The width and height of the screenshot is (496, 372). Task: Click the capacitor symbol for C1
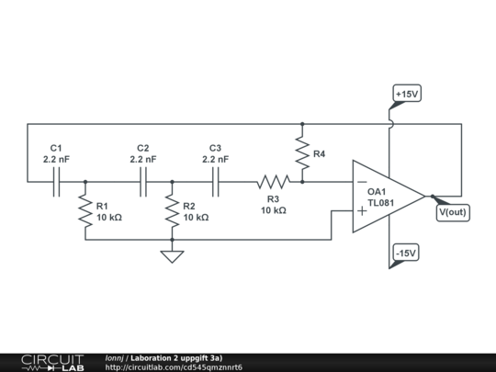[56, 182]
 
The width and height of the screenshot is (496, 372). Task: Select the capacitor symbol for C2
[143, 182]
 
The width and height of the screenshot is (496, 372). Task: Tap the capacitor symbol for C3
[217, 182]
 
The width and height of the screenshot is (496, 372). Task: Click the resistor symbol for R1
[85, 210]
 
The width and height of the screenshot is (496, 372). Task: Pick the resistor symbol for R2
[172, 210]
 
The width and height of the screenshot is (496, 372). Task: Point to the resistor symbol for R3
[273, 182]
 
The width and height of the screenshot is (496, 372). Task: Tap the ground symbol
[172, 255]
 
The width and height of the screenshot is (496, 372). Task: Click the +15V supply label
[406, 95]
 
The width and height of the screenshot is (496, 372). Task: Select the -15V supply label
[405, 253]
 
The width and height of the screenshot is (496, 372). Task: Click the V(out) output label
[452, 212]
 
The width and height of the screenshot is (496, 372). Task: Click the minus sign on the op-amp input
[362, 181]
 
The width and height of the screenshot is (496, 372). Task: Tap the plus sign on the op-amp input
[362, 211]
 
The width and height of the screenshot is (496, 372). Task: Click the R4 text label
[319, 153]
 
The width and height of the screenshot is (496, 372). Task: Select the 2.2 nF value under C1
[56, 159]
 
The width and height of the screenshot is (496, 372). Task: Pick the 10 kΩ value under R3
[273, 210]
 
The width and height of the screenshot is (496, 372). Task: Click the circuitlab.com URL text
[174, 367]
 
